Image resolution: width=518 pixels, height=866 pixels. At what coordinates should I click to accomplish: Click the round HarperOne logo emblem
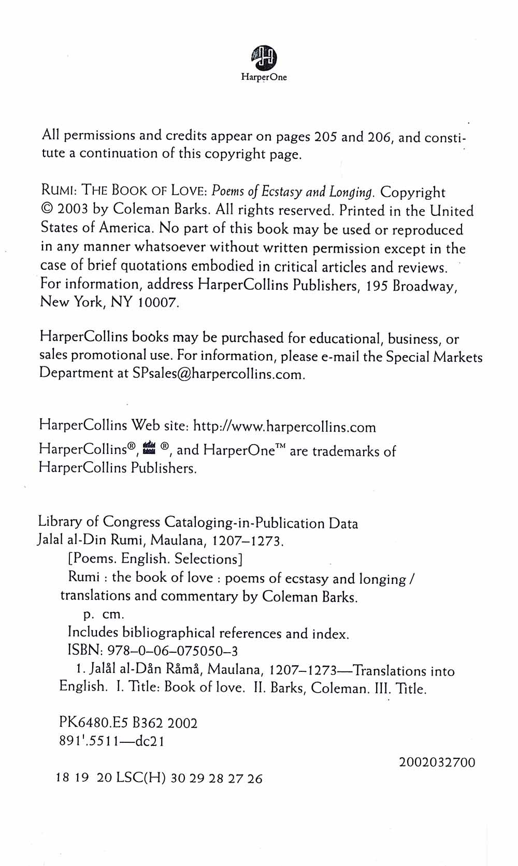[264, 57]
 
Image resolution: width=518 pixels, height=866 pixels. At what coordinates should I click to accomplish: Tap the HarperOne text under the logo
[264, 78]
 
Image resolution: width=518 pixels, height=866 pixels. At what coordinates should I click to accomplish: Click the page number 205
[326, 137]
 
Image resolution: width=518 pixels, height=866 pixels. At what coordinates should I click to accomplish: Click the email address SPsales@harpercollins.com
[218, 374]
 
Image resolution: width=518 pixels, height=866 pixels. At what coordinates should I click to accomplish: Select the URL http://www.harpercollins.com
[284, 427]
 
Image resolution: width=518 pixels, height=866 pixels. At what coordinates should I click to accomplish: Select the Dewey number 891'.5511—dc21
[112, 741]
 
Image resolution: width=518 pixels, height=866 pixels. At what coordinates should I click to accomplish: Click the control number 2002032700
[437, 762]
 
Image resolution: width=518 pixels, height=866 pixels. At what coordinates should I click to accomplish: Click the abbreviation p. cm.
[104, 614]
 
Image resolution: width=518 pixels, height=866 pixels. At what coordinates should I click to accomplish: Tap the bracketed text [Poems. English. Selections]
[155, 559]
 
